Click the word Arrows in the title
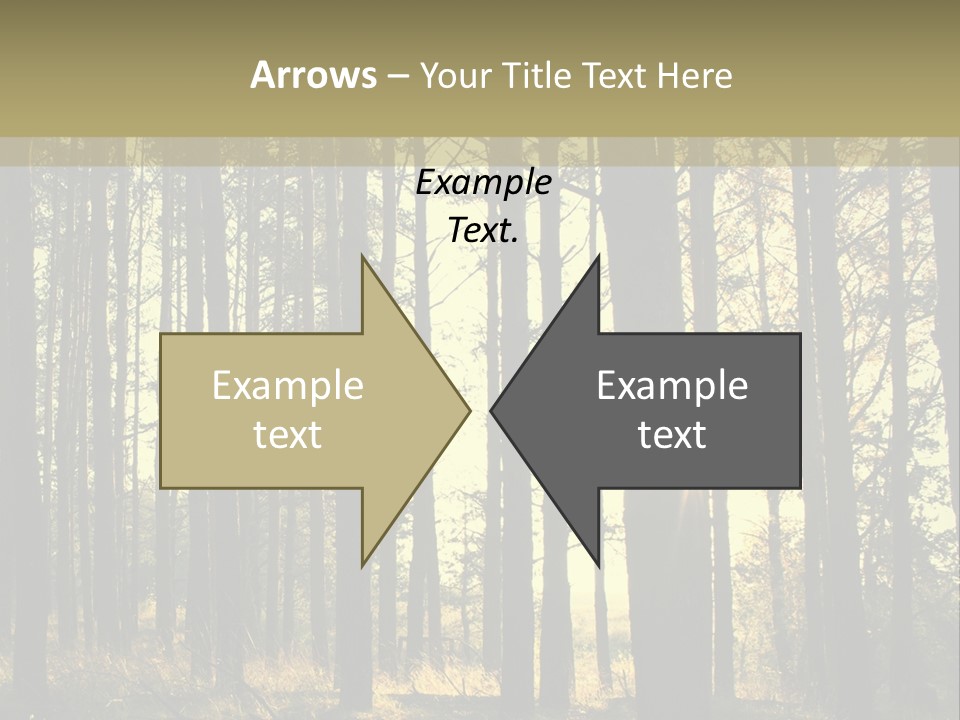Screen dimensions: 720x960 tap(313, 75)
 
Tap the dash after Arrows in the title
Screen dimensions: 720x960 tap(398, 76)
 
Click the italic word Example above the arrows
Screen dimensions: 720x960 tap(484, 183)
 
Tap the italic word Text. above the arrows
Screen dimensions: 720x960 tap(484, 231)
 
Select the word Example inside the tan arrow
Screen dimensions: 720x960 tap(288, 386)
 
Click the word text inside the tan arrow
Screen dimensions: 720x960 tap(288, 435)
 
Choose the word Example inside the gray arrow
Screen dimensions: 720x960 tap(672, 386)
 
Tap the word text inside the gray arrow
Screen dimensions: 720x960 tap(672, 435)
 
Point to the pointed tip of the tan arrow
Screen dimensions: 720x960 tap(469, 410)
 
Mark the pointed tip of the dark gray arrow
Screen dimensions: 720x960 tap(491, 410)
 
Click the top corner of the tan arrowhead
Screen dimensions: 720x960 tap(362, 256)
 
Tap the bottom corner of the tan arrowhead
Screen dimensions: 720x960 tap(362, 565)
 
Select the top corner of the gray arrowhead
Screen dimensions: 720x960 tap(598, 256)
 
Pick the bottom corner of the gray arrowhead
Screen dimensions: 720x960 tap(598, 565)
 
